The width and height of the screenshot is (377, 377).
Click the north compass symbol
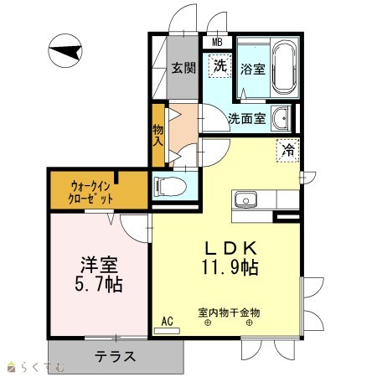tap(65, 51)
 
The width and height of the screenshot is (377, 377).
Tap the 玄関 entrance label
tap(183, 68)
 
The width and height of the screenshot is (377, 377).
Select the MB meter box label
tap(217, 42)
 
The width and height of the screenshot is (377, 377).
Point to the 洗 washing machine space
tap(220, 66)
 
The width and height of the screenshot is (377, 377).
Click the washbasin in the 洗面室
tap(281, 118)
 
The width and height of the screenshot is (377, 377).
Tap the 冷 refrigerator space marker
tap(288, 150)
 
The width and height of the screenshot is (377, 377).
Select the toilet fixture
tap(170, 186)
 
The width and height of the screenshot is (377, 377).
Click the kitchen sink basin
tap(245, 199)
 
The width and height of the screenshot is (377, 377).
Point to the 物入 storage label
tap(158, 135)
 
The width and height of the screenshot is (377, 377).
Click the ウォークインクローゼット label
tap(90, 192)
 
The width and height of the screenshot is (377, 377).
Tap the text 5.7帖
tap(99, 285)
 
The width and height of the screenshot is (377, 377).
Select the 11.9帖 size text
tap(230, 267)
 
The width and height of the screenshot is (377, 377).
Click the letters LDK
tap(230, 248)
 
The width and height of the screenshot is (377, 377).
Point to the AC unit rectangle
tap(167, 331)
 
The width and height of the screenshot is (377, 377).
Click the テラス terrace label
tap(116, 356)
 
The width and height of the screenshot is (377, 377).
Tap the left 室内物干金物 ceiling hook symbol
tap(208, 323)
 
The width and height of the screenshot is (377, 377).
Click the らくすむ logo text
tap(43, 367)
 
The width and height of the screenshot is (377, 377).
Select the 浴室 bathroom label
tap(253, 69)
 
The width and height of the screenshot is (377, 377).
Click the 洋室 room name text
tap(99, 265)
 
